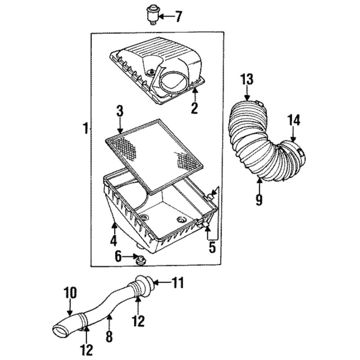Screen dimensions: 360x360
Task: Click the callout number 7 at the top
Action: point(178,17)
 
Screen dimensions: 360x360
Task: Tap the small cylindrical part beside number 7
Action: point(152,14)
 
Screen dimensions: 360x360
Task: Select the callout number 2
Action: point(194,108)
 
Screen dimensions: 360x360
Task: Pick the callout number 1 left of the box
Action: point(86,128)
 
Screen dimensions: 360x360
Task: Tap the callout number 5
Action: point(212,247)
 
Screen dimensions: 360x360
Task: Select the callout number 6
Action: point(118,256)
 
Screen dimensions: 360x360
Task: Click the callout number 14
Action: point(294,120)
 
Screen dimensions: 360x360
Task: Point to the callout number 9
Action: point(259,199)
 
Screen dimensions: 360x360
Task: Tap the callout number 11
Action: point(178,283)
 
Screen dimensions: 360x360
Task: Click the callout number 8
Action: point(109,337)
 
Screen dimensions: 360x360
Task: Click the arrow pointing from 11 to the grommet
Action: point(162,283)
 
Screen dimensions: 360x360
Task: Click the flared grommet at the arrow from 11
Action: point(144,286)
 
